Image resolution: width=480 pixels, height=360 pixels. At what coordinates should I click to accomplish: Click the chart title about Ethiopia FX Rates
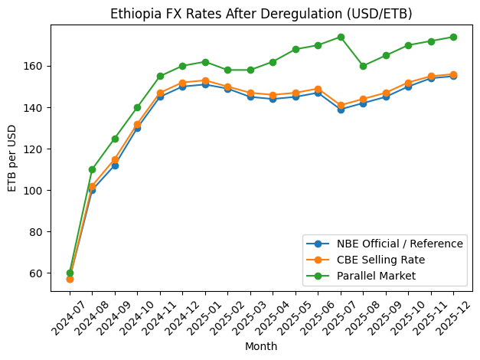(261, 14)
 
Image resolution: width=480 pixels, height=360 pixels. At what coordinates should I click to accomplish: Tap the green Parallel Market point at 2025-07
(341, 37)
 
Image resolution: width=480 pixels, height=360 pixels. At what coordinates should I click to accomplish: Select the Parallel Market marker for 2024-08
(92, 169)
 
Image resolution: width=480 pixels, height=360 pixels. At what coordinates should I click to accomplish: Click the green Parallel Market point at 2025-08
(363, 66)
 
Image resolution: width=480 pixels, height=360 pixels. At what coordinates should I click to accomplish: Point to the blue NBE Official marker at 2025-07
(341, 110)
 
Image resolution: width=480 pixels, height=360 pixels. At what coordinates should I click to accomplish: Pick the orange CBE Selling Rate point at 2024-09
(115, 159)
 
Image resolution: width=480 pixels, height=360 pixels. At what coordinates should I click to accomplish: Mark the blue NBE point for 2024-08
(92, 190)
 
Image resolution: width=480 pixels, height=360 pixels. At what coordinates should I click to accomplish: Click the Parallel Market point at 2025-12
(453, 37)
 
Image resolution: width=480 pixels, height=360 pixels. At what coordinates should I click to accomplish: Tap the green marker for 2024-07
(70, 273)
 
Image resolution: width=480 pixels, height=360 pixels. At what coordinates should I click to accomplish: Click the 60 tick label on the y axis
(38, 273)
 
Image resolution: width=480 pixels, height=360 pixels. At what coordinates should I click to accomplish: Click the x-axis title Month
(261, 346)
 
